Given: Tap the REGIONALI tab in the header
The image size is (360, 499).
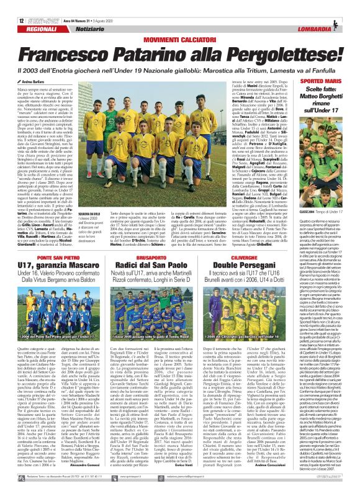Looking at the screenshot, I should (41, 30).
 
